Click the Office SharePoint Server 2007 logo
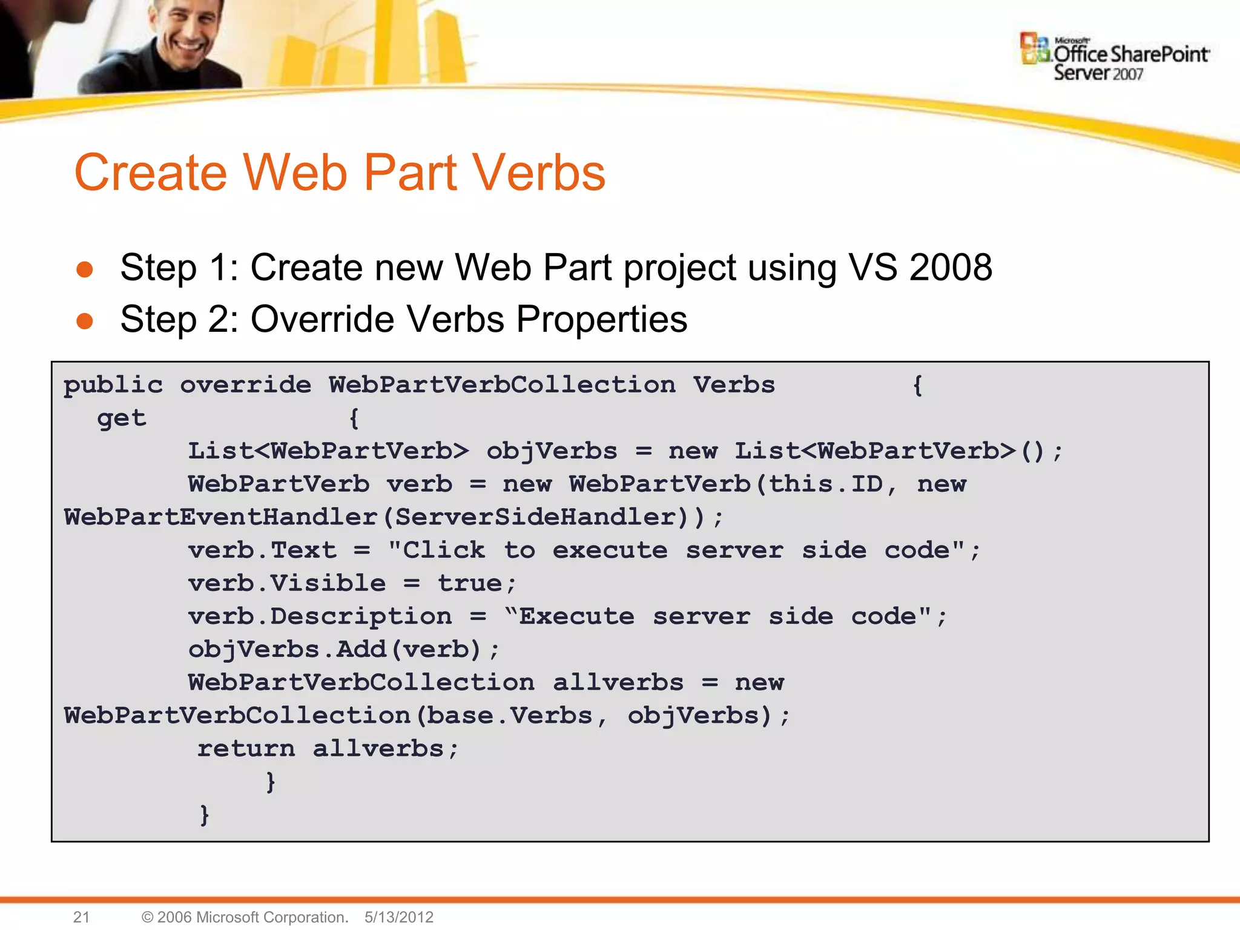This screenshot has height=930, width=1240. pos(1115,58)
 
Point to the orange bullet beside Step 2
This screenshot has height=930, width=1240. pos(85,321)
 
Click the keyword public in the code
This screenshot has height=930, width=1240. pos(113,385)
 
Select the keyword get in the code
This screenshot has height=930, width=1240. pos(122,418)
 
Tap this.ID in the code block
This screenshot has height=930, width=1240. pos(826,484)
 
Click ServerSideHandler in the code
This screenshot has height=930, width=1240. pos(536,518)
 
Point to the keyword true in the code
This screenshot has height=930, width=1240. pos(470,584)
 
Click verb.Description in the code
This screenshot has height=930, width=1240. pos(320,617)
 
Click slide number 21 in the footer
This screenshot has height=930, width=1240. pos(81,917)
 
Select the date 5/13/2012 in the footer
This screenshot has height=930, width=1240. pos(399,917)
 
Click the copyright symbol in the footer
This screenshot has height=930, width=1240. pos(147,917)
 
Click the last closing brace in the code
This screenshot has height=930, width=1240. pos(205,815)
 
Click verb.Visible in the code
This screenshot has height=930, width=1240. pos(286,584)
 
